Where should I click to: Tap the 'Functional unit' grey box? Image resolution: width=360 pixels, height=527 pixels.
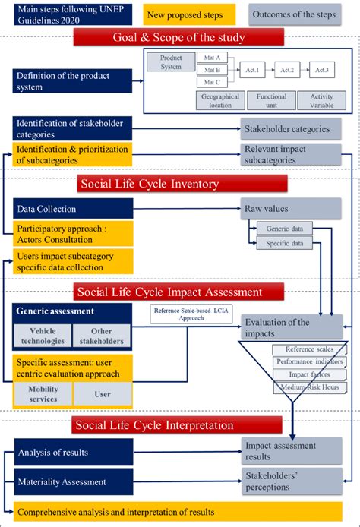[x=270, y=101]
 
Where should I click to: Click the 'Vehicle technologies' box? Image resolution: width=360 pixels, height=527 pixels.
[x=43, y=335]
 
